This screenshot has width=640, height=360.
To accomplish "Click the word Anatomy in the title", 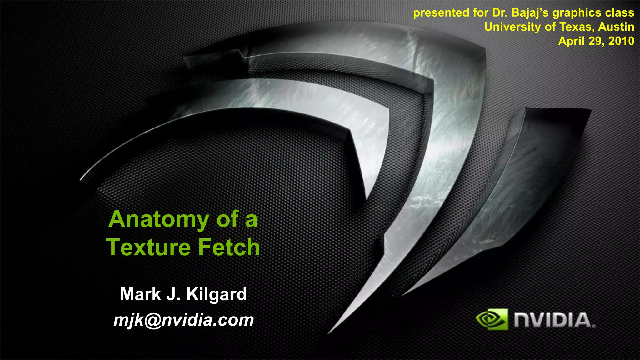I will tap(158, 220).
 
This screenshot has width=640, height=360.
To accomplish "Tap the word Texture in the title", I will tap(148, 247).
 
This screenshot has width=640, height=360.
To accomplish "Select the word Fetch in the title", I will tap(229, 247).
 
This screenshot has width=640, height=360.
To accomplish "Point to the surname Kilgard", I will tap(217, 294).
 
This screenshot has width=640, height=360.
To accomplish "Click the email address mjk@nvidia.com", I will tap(184, 320).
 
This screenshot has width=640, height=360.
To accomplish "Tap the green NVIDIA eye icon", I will tap(492, 319).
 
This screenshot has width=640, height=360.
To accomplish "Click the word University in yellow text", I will tap(512, 27).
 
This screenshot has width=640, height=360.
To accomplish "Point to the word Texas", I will tap(576, 27).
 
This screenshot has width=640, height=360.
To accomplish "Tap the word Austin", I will tap(616, 27).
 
